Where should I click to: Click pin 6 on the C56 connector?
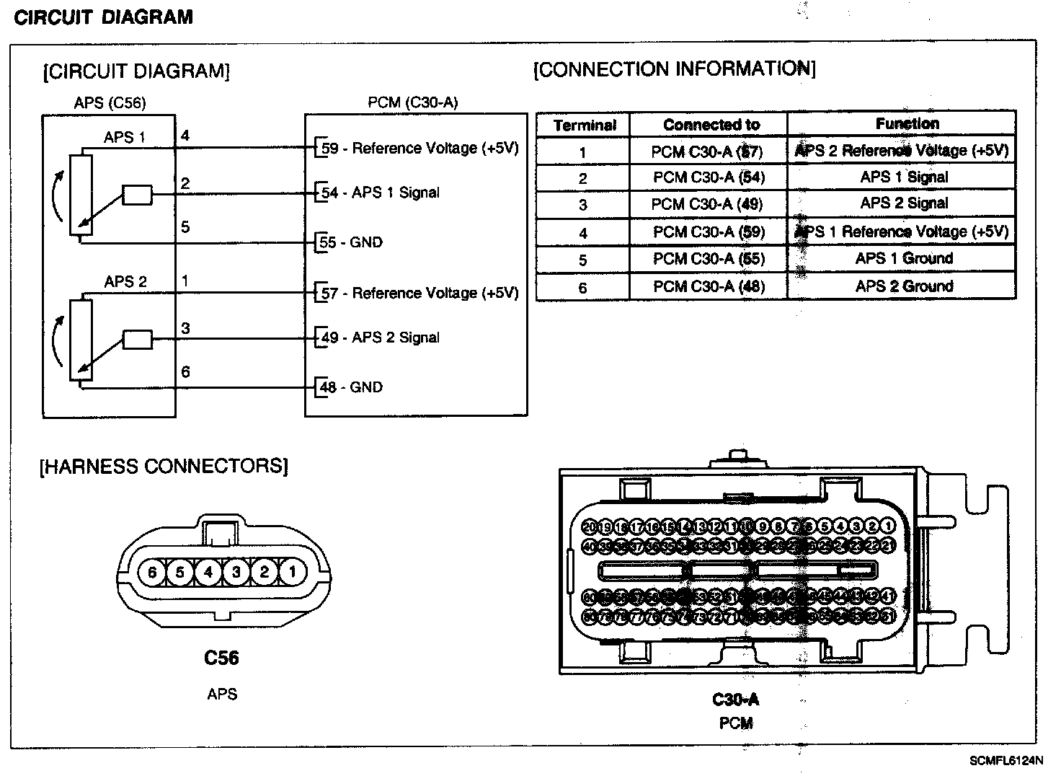point(152,573)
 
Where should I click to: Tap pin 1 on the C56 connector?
point(292,573)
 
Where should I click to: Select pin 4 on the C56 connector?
point(208,573)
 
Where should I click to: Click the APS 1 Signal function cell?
point(904,177)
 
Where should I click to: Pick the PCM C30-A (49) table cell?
point(707,204)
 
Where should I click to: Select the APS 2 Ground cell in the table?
point(904,286)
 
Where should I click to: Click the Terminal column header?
point(585,125)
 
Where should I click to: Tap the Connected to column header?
point(711,125)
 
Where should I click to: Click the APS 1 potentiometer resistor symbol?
point(81,194)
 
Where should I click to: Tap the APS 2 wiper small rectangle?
point(138,340)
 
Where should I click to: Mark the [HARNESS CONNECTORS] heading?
point(164,466)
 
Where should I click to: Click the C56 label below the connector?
point(221,658)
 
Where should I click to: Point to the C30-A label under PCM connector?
point(735,700)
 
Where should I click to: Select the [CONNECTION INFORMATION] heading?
point(674,69)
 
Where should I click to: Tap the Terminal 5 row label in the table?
point(582,260)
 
